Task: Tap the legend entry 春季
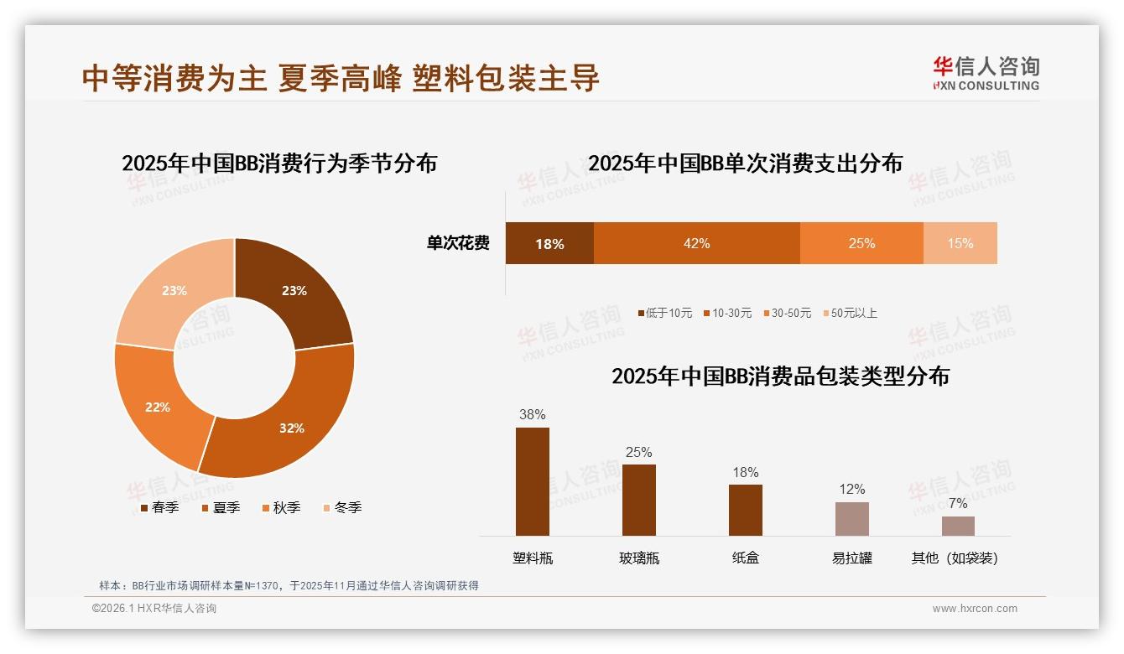tap(159, 508)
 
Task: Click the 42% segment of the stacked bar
tap(696, 243)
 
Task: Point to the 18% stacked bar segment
tap(549, 244)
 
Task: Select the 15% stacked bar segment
tap(960, 243)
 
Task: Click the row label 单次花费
tap(458, 244)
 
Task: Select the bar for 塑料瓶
tap(532, 481)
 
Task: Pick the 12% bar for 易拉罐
tap(851, 519)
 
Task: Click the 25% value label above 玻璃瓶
tap(638, 453)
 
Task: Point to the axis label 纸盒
tap(745, 558)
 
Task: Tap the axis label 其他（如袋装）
tap(955, 558)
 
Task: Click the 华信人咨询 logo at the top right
tap(986, 74)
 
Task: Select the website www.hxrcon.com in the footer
tap(975, 609)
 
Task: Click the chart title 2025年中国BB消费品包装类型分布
tap(780, 376)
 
